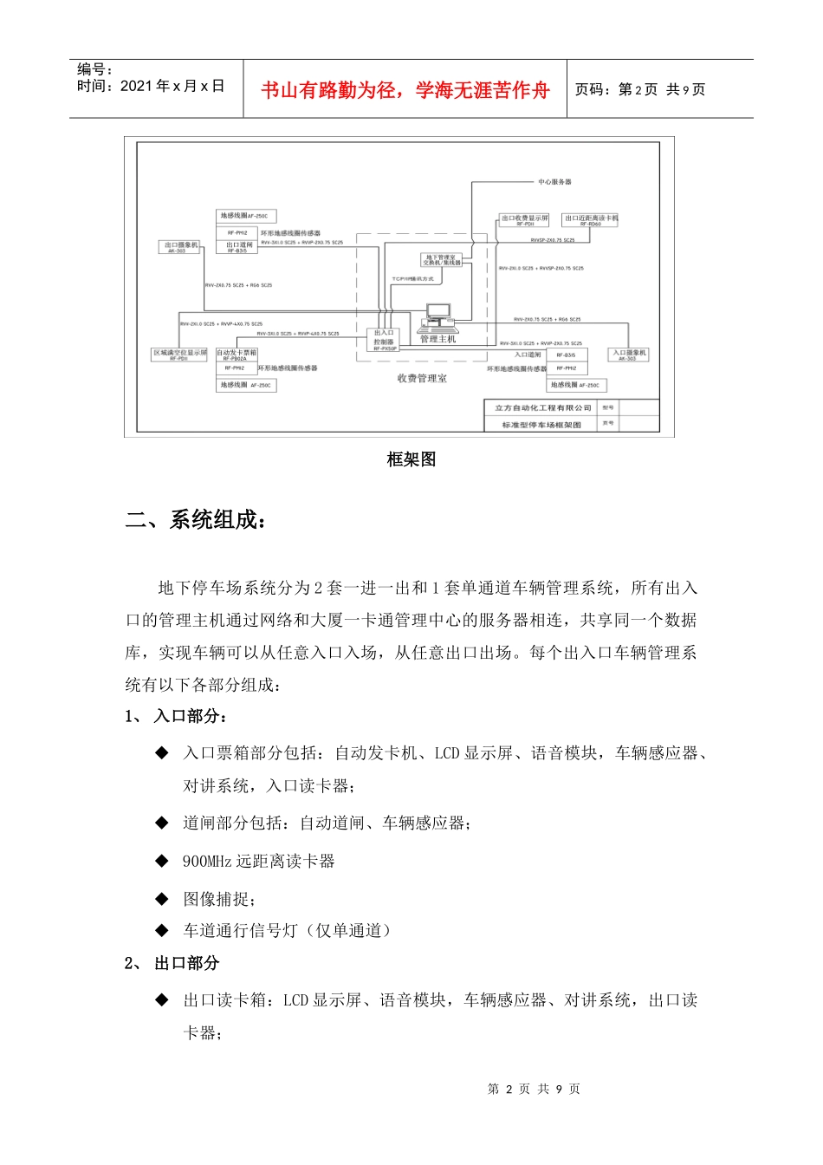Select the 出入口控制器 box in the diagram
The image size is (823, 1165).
(x=384, y=339)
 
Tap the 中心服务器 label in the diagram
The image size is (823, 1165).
(x=554, y=182)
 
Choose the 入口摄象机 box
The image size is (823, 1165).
(x=629, y=355)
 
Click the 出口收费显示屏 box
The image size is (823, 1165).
(x=525, y=220)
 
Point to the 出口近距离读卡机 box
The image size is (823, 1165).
(x=590, y=220)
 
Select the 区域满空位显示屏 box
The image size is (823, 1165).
(x=179, y=355)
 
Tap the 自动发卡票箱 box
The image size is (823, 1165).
(x=237, y=355)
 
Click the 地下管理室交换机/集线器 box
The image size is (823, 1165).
(x=442, y=260)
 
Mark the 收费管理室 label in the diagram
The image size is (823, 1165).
(x=422, y=379)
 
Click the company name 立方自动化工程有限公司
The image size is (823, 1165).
(x=542, y=408)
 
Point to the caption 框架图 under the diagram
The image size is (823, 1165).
(x=411, y=459)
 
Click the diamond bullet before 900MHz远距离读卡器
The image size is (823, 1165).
(x=162, y=861)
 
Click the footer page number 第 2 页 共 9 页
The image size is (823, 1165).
(x=534, y=1089)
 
